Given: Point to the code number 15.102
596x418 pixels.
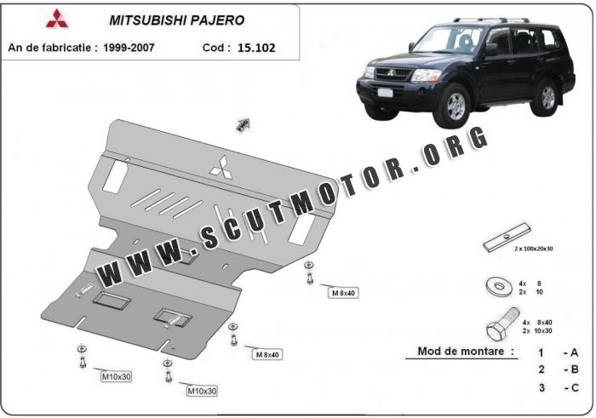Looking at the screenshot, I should (x=256, y=49).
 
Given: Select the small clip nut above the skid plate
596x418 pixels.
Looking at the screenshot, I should (x=243, y=125).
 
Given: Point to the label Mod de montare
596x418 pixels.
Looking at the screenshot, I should (x=465, y=350).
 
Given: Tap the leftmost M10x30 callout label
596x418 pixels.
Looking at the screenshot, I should (x=117, y=376).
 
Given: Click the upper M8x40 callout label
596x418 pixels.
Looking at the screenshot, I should (x=342, y=293).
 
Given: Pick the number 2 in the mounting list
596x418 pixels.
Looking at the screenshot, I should (x=541, y=369).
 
